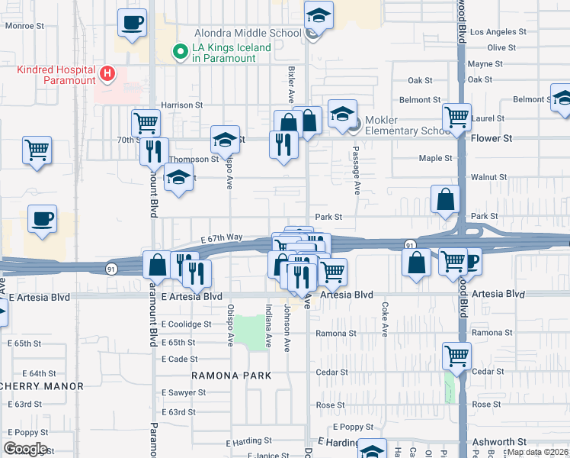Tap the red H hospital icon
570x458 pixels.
[107, 74]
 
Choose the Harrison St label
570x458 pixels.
[181, 105]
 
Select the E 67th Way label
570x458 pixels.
[222, 237]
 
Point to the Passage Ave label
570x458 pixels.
[356, 176]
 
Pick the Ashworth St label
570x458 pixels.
[499, 442]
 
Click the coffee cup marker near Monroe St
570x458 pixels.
[132, 22]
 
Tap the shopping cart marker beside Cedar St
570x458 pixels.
[456, 355]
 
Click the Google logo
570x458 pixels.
[25, 449]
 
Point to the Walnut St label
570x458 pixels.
[488, 177]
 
